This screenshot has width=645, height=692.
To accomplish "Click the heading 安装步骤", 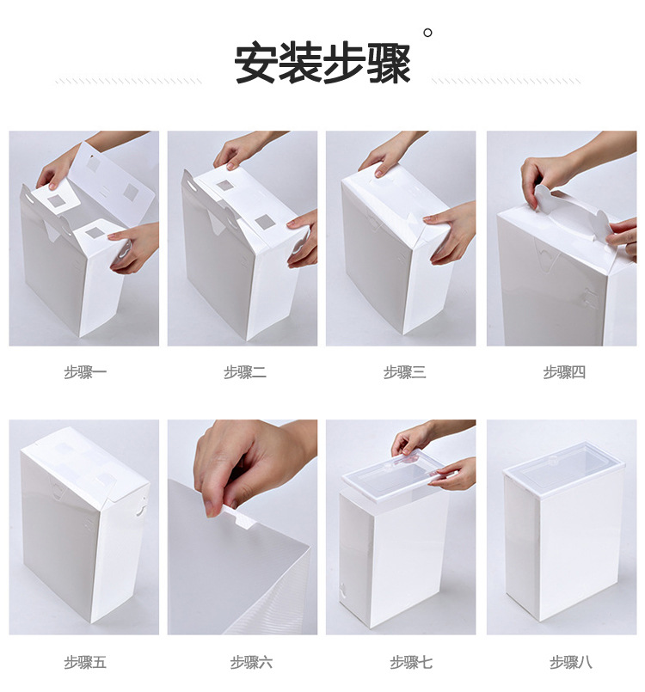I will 322,64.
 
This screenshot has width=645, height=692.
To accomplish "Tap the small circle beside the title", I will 427,33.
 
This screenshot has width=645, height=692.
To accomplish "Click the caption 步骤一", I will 84,372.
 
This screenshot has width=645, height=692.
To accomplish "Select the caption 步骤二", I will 244,372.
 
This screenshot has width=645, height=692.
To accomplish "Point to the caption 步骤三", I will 404,372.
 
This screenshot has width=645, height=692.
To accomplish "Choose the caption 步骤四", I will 564,372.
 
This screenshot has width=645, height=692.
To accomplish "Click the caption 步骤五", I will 84,662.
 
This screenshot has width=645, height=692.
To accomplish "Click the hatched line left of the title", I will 129,82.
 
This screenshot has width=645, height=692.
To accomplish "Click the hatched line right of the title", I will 507,82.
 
